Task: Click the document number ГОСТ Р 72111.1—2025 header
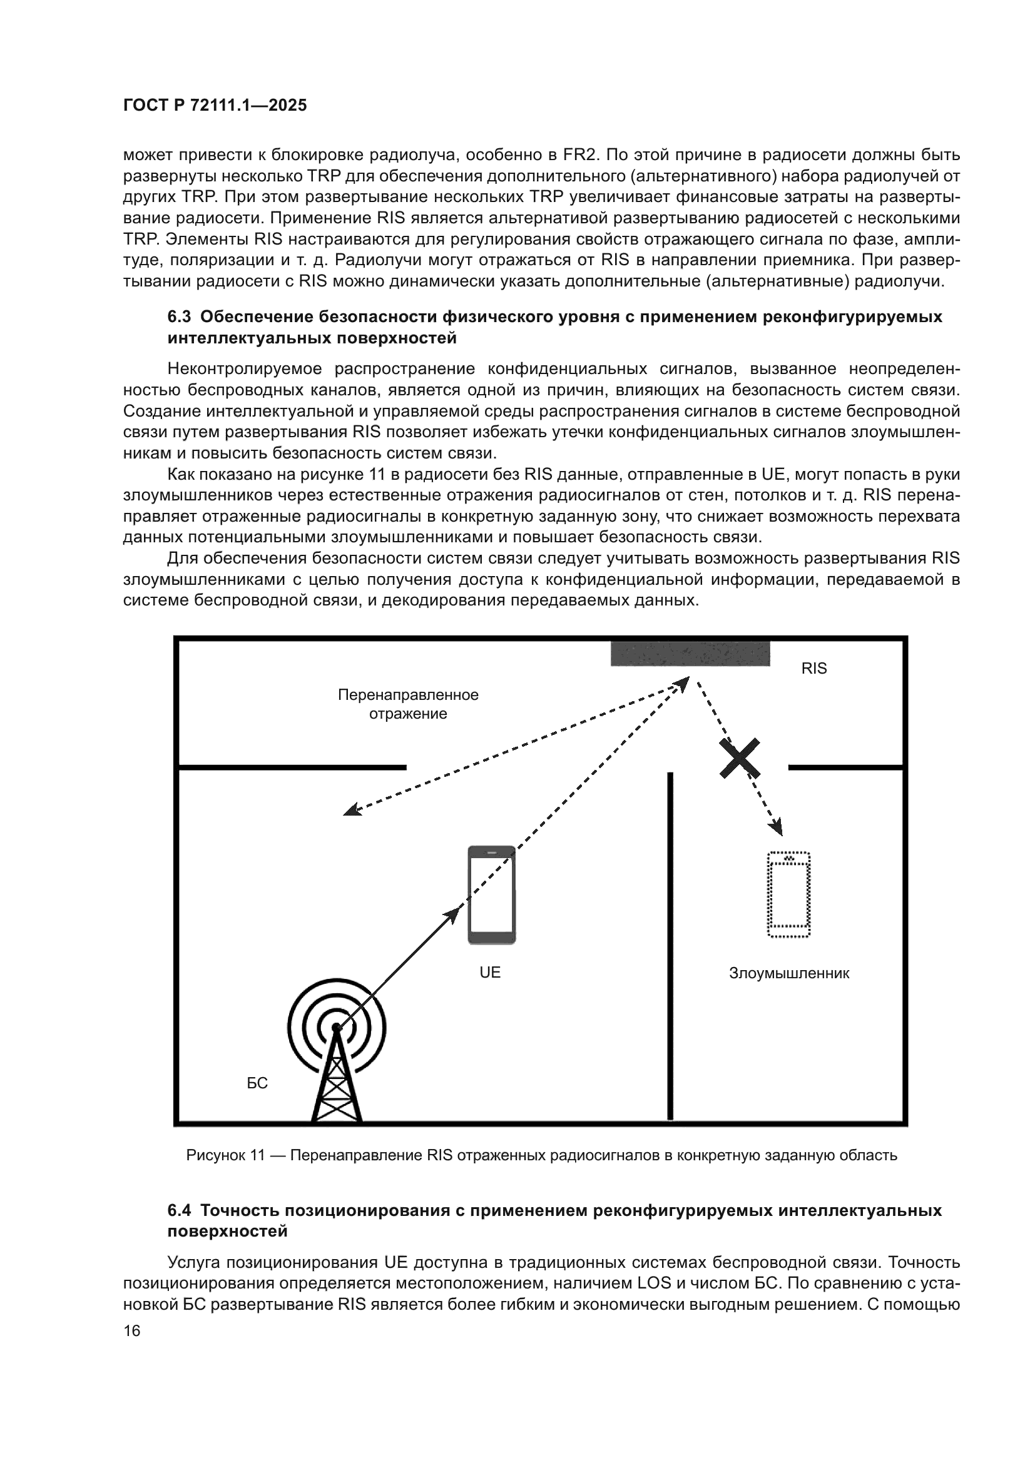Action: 215,105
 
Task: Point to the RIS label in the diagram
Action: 814,669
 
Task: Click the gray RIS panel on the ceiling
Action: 690,653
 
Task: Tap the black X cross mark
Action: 740,758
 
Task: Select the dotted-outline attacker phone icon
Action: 788,894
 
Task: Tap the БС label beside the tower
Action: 257,1083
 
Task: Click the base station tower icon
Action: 337,1058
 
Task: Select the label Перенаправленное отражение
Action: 408,704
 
